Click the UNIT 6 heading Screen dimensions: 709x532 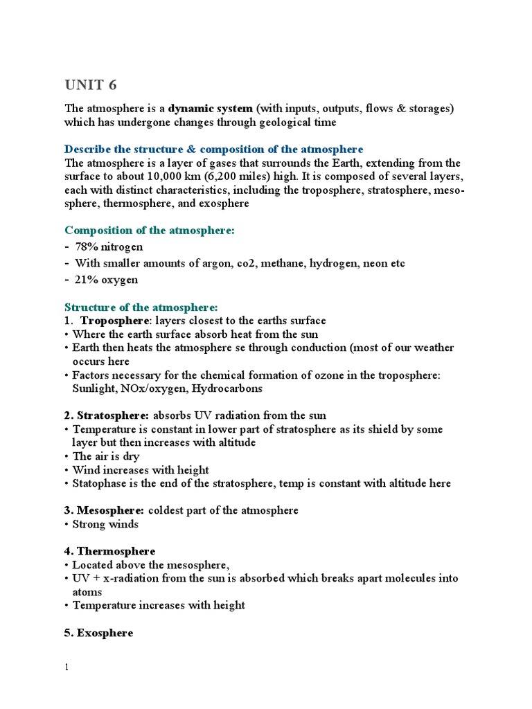pyautogui.click(x=91, y=84)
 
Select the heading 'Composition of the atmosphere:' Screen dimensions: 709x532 pyautogui.click(x=150, y=230)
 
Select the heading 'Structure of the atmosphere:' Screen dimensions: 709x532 pyautogui.click(x=141, y=307)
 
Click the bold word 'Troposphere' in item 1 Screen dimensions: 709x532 pyautogui.click(x=115, y=321)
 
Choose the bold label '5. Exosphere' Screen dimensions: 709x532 pyautogui.click(x=99, y=633)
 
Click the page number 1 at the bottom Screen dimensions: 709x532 pyautogui.click(x=67, y=667)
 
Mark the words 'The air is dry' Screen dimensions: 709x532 pyautogui.click(x=106, y=456)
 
